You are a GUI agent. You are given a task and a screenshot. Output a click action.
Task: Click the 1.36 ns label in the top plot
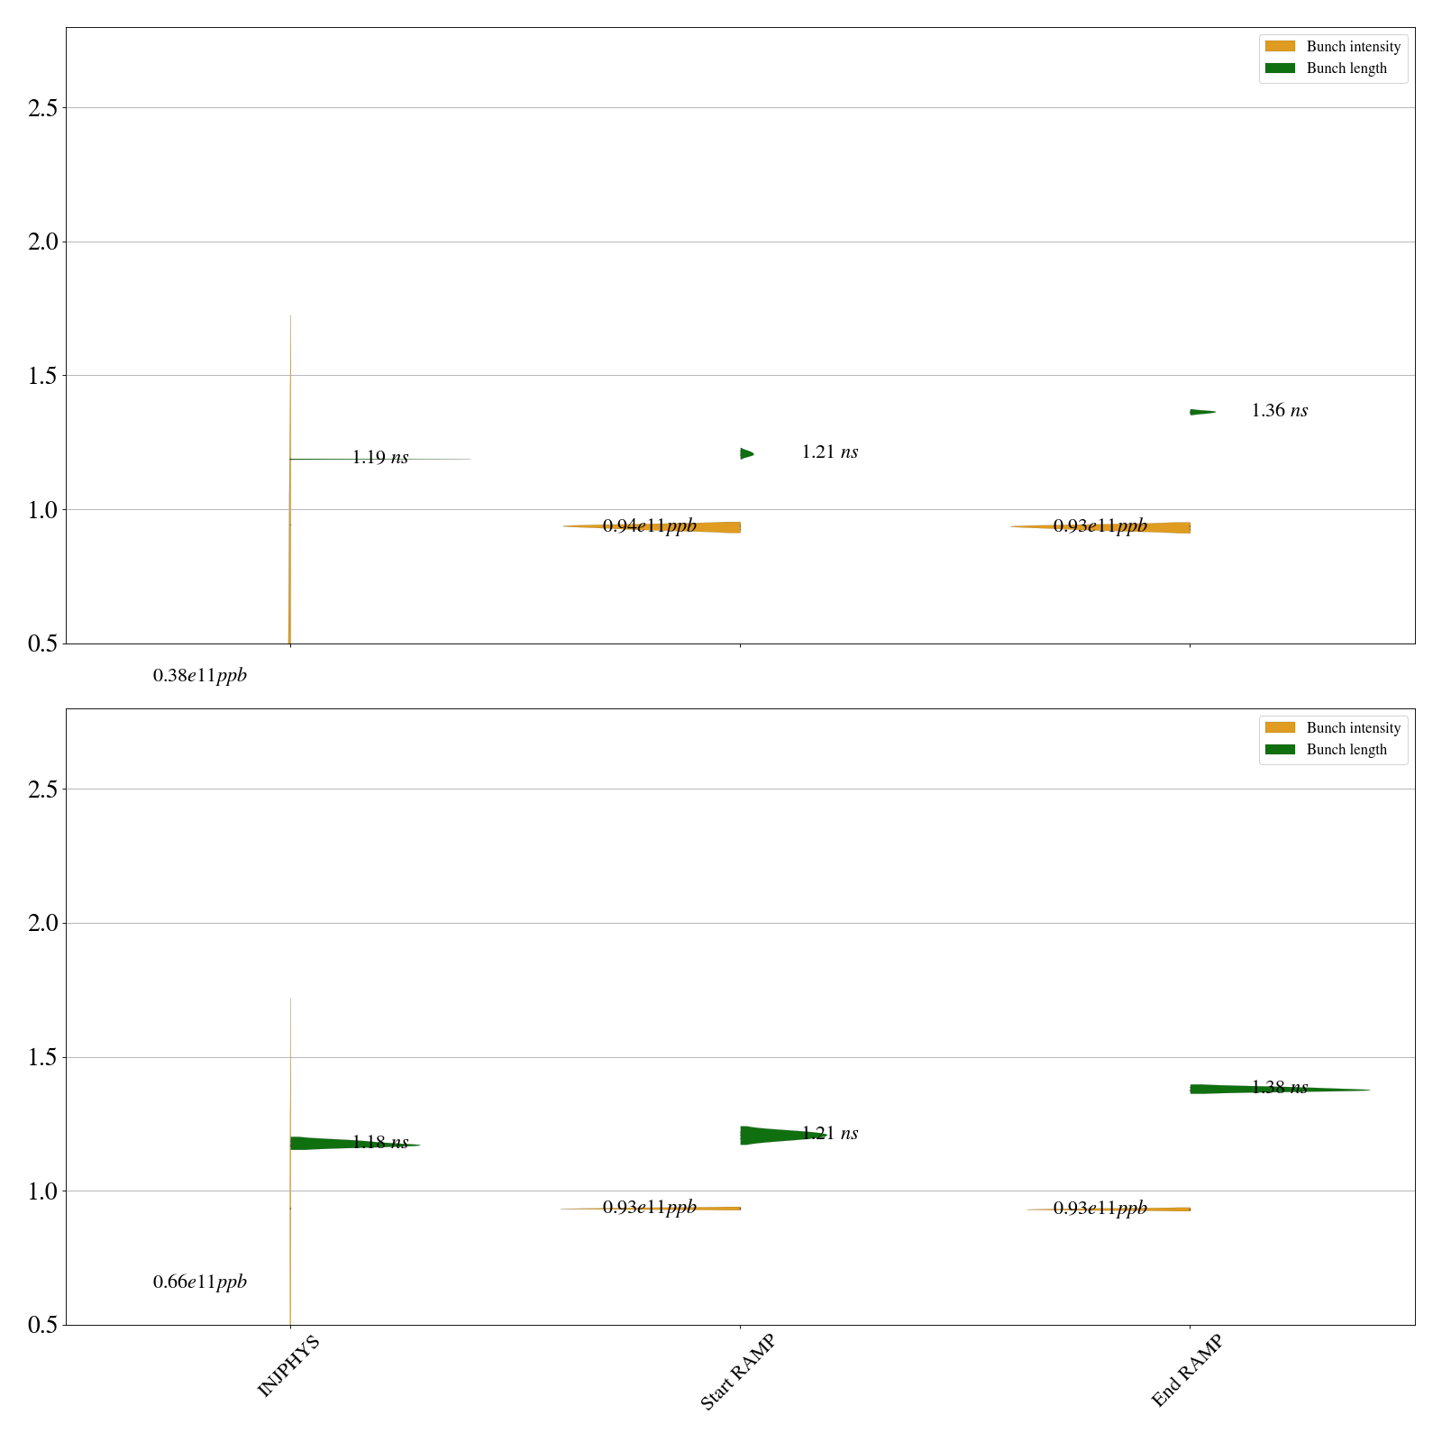(1279, 411)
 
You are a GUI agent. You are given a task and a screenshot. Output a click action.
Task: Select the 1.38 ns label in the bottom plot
(1279, 1088)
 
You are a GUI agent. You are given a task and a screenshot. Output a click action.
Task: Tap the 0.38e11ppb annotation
(199, 676)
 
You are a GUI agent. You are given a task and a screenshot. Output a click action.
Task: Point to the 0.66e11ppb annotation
(199, 1282)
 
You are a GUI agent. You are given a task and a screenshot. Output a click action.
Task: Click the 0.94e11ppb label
(649, 526)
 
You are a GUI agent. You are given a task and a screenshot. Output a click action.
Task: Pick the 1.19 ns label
(379, 458)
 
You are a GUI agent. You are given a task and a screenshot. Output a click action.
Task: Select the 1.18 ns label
(379, 1143)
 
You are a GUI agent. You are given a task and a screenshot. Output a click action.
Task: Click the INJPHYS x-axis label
(288, 1366)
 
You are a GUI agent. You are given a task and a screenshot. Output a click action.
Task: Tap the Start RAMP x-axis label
(737, 1372)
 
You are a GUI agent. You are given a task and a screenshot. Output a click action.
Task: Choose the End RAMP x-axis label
(1187, 1371)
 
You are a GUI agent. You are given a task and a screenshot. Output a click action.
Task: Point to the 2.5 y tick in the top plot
(42, 108)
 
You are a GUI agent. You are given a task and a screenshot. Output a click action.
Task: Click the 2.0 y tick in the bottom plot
(42, 923)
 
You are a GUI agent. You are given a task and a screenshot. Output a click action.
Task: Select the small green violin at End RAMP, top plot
(1200, 412)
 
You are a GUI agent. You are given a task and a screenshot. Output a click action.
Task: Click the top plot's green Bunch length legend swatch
(1280, 68)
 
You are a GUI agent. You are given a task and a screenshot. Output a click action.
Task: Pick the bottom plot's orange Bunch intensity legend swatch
(1280, 728)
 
